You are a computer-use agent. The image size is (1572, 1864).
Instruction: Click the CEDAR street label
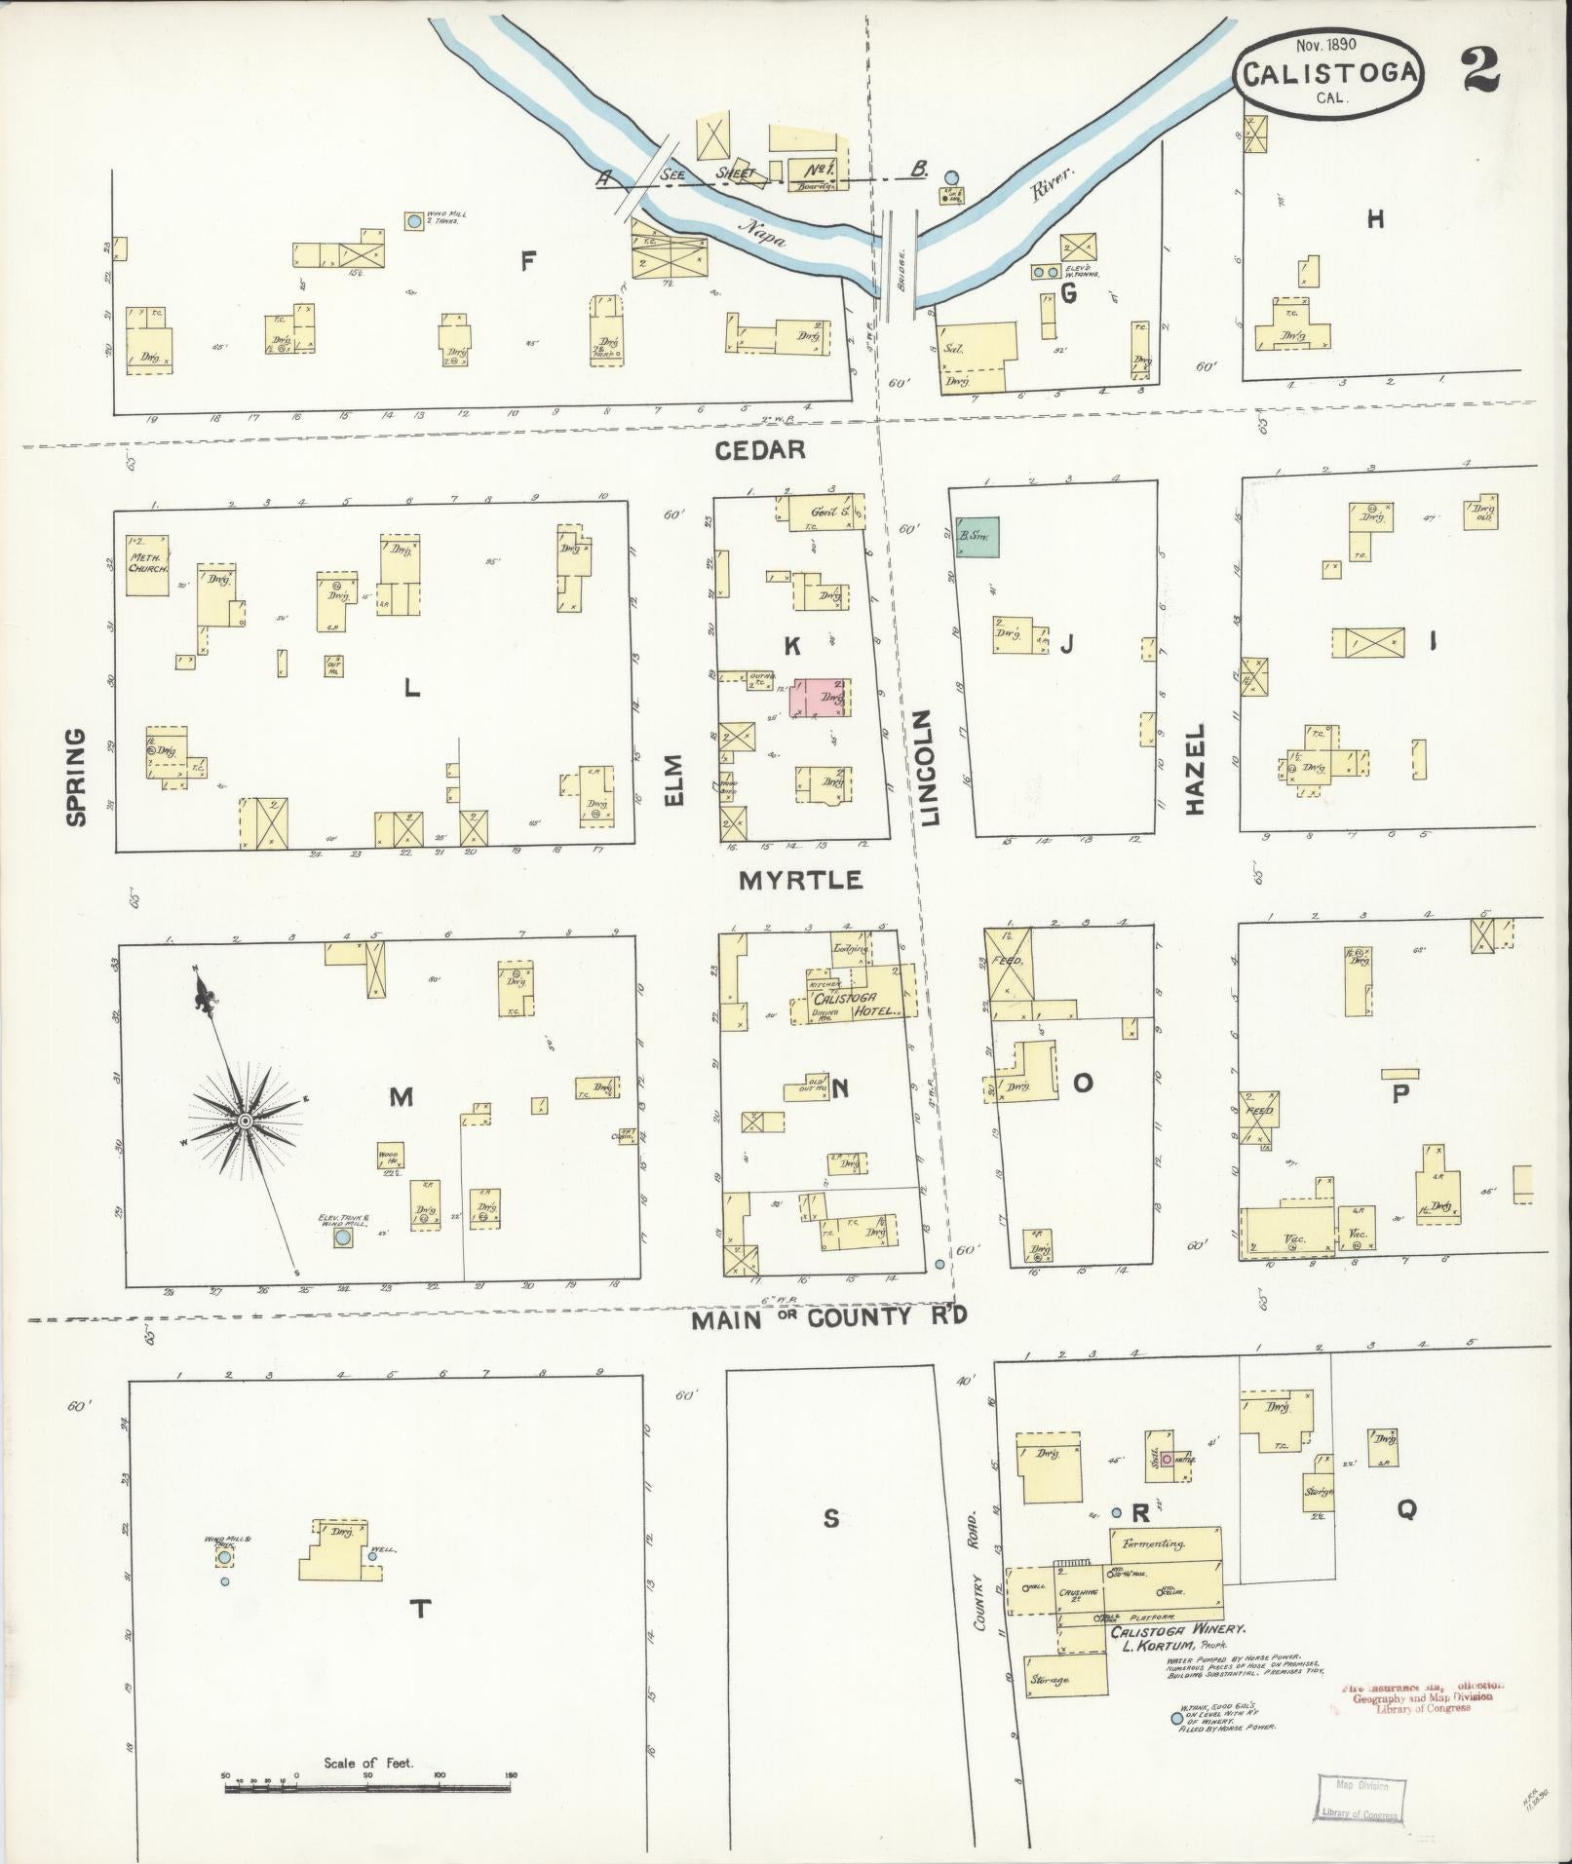[760, 449]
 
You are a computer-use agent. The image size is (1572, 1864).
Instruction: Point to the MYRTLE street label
[801, 881]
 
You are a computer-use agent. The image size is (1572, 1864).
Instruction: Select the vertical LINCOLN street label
[927, 768]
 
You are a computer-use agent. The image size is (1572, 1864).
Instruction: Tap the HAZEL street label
[1196, 769]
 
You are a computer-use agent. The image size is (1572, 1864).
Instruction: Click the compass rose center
[246, 1122]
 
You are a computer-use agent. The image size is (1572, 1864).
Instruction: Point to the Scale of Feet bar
[368, 1786]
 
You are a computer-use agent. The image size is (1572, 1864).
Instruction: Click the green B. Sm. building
[977, 537]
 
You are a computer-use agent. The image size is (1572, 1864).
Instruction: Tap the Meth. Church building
[147, 559]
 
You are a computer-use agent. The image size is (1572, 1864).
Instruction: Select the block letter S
[830, 1518]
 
